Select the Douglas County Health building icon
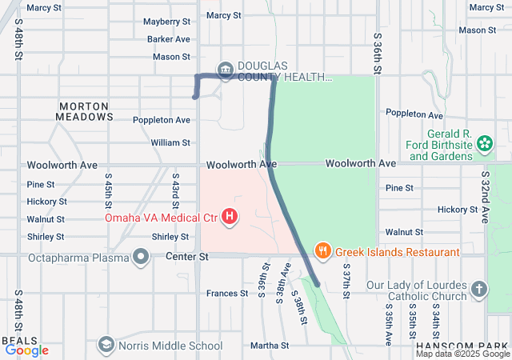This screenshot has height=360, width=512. (x=226, y=70)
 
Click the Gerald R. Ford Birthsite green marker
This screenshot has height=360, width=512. (x=484, y=144)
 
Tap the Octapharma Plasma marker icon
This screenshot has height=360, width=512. (x=141, y=257)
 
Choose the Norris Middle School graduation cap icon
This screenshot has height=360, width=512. (x=106, y=345)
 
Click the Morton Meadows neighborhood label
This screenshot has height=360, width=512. (x=85, y=111)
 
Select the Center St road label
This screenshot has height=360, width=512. (x=186, y=257)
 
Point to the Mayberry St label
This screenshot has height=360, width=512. (x=166, y=21)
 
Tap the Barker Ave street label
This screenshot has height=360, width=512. (x=168, y=38)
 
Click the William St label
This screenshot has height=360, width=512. (x=170, y=142)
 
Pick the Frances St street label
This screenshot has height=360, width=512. (x=226, y=294)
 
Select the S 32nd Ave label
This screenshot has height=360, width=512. (x=485, y=196)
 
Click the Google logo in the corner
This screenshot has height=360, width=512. (x=26, y=350)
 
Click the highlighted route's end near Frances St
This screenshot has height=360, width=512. (x=318, y=284)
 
